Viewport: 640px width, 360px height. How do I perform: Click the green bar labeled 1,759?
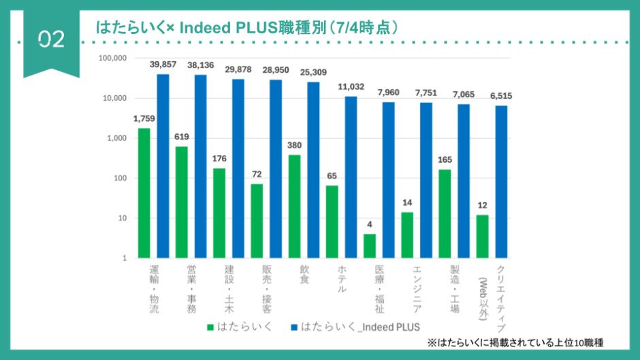pos(144,193)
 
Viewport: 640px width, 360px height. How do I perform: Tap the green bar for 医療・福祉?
pos(369,246)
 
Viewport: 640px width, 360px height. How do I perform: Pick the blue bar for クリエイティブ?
pos(501,182)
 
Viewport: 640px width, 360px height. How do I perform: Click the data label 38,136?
pos(200,65)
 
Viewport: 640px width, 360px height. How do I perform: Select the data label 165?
pos(445,160)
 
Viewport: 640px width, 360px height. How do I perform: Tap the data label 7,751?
pos(426,93)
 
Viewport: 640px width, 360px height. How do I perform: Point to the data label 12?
pos(482,206)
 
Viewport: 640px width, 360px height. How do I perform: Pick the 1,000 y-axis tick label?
pos(117,138)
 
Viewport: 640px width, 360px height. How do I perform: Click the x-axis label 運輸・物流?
pos(154,290)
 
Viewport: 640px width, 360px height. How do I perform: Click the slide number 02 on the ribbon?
pos(51,40)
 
